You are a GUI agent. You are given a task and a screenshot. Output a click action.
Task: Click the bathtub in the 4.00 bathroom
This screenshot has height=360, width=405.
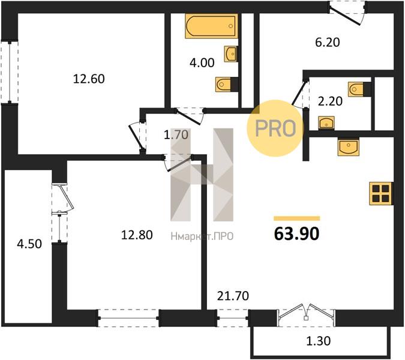pos(211,26)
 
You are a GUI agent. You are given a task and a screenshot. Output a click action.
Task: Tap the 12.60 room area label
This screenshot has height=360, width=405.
pos(89,79)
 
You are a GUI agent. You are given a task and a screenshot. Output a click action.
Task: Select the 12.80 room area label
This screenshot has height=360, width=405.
pos(137,235)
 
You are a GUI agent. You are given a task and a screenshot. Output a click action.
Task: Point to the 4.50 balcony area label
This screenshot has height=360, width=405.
pos(29,244)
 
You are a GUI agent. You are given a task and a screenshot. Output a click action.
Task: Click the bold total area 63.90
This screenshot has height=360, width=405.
pos(297,234)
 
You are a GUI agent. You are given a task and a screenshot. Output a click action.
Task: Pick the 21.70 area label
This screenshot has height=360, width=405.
pos(233,296)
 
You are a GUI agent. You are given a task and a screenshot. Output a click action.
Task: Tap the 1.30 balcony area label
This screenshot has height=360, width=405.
pos(319,341)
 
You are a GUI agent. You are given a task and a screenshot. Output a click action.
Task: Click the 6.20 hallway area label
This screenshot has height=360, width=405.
pos(328,43)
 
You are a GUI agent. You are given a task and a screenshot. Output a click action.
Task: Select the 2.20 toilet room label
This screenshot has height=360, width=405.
pos(330,101)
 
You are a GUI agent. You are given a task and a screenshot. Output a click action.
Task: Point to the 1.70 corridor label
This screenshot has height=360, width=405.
pos(176,135)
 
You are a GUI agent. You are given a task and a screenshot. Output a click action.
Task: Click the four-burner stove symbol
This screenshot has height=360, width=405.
pos(381,193)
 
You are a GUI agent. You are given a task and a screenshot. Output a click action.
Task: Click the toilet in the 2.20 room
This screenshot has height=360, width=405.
pos(359,89)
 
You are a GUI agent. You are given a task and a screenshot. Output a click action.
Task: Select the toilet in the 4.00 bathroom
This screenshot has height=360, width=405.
pos(227,84)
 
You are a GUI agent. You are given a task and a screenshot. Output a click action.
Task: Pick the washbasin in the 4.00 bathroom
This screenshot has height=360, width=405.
pos(231,54)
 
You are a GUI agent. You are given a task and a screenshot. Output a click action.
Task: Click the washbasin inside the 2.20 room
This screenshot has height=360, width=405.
pos(326,123)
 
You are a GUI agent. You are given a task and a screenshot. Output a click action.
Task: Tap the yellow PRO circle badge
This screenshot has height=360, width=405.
pos(275,128)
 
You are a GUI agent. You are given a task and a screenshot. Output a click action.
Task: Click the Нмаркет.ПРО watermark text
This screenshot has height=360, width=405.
pos(202,236)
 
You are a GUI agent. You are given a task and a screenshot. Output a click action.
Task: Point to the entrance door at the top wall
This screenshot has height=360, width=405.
pos(347,13)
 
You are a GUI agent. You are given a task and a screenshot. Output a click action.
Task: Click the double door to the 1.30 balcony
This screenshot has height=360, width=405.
pos(306,313)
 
